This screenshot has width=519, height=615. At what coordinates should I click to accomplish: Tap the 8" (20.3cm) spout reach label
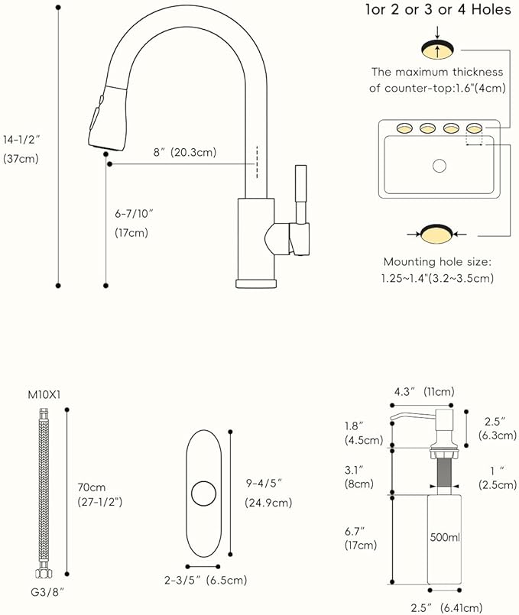tap(184, 152)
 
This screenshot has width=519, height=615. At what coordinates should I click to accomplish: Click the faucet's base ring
tap(255, 283)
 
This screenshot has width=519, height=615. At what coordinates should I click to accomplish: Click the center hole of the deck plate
tap(204, 494)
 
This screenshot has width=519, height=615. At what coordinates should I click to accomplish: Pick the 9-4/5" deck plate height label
tap(264, 482)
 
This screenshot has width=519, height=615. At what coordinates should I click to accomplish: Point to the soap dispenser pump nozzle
tap(403, 416)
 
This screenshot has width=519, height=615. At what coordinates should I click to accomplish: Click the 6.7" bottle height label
tap(360, 530)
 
